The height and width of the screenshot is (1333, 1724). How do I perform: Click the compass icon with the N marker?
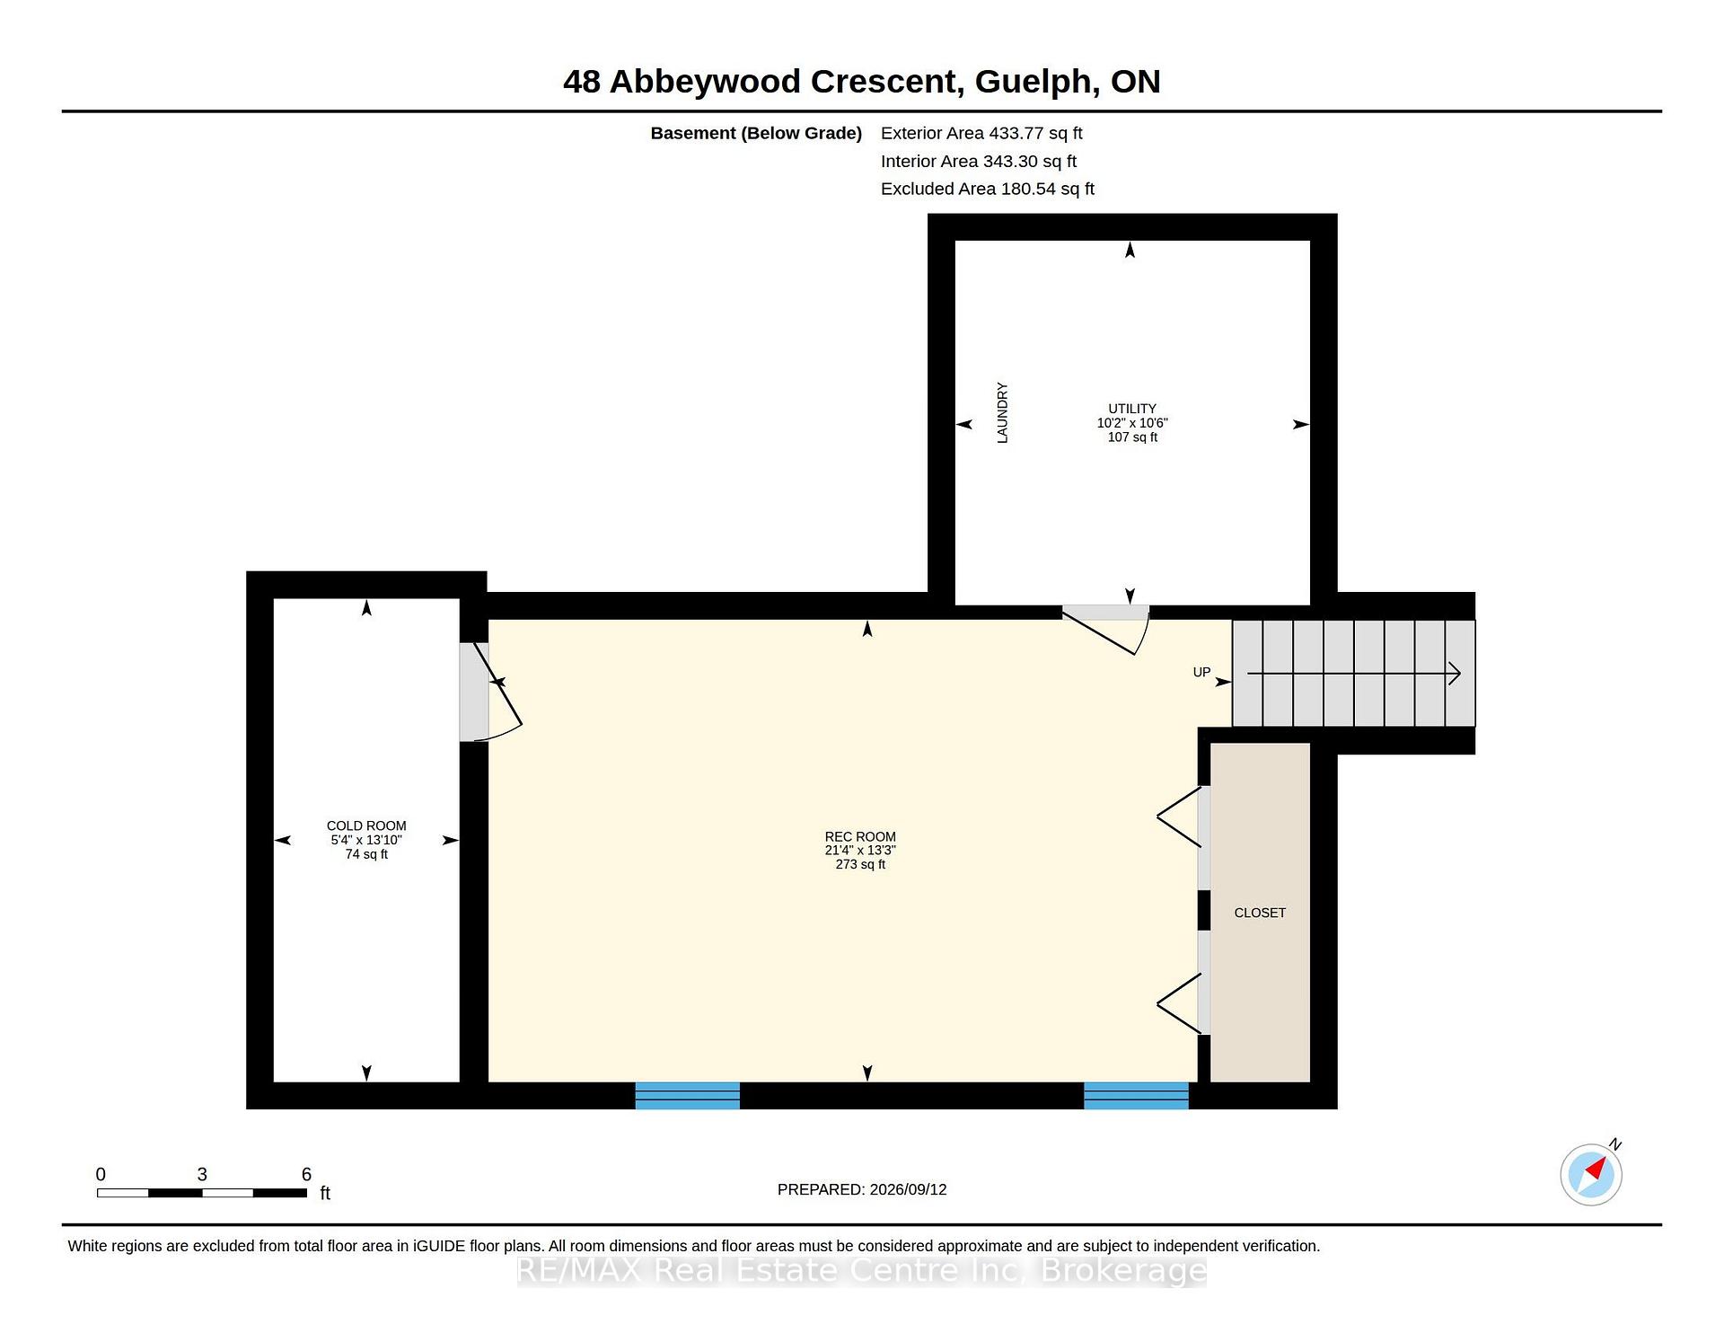[x=1591, y=1173]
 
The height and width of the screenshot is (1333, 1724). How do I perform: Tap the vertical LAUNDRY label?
[x=1002, y=412]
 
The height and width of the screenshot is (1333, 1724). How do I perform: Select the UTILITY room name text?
[x=1132, y=408]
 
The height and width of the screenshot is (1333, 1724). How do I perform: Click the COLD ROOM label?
[x=366, y=825]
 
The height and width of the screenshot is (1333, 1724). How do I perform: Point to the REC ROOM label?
[x=860, y=836]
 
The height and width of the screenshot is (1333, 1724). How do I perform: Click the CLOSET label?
[x=1260, y=913]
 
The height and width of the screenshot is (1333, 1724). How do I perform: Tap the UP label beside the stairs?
[x=1201, y=672]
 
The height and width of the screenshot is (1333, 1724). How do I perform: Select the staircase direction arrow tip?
[x=1460, y=673]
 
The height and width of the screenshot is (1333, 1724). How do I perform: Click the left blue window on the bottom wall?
[x=688, y=1096]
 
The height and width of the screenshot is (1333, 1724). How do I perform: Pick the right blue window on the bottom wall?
[x=1136, y=1096]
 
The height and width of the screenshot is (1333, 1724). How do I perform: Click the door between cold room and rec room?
[x=490, y=692]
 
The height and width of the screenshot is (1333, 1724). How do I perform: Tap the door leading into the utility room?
[x=1105, y=630]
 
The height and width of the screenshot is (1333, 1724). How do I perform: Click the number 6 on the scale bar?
[x=306, y=1174]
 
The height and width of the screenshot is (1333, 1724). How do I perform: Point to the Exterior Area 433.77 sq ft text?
[x=981, y=133]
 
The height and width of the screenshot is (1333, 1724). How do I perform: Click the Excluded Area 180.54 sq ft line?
[x=988, y=189]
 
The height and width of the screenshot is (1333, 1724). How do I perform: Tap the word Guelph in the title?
[x=1036, y=82]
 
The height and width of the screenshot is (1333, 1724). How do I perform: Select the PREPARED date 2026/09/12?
[x=908, y=1189]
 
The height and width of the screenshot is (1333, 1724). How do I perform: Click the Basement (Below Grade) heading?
[x=756, y=133]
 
